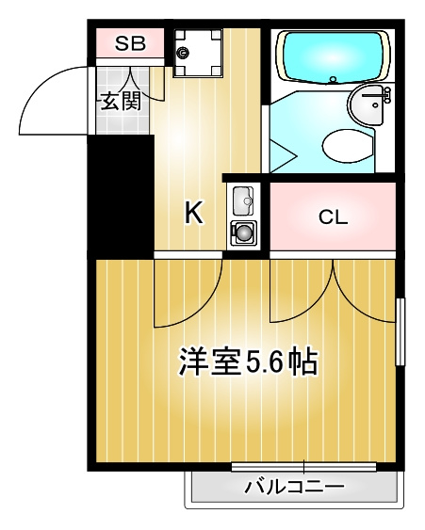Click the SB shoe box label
[x=130, y=43]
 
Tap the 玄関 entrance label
[x=121, y=101]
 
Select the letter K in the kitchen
[x=194, y=212]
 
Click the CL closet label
[x=333, y=217]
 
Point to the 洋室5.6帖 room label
[x=249, y=361]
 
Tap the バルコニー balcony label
[x=294, y=487]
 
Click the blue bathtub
[x=333, y=56]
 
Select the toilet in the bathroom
[x=348, y=146]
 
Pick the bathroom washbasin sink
[x=368, y=104]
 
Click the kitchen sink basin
[x=243, y=201]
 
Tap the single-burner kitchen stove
[x=243, y=233]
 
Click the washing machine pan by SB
[x=198, y=53]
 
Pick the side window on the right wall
[x=400, y=331]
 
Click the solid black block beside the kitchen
[x=121, y=196]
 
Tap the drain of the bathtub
[x=334, y=80]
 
